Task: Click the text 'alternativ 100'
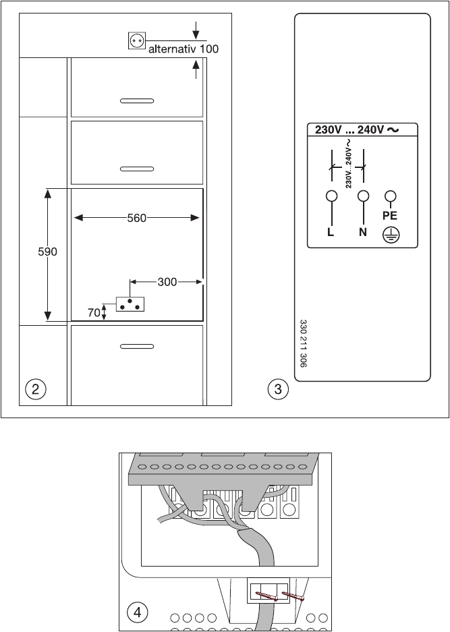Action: pos(184,49)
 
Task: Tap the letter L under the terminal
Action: pos(331,232)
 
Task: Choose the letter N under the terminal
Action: pos(363,232)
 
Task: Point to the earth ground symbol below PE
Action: pos(389,234)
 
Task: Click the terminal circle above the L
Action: pos(331,196)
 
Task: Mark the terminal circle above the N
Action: pos(364,196)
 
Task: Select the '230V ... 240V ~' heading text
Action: pos(353,131)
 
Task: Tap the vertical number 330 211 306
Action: pos(303,343)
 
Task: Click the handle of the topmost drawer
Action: pos(137,101)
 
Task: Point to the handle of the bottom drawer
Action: pos(137,346)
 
